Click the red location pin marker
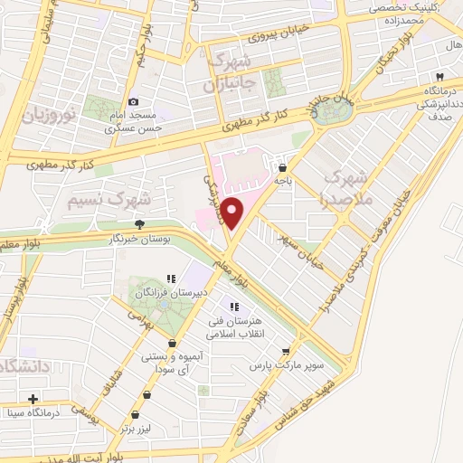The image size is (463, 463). [x=233, y=213]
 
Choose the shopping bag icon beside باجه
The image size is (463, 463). [x=284, y=167]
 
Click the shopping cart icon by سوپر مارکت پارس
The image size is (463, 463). [x=286, y=352]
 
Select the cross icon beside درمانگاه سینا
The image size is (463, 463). [x=33, y=399]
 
